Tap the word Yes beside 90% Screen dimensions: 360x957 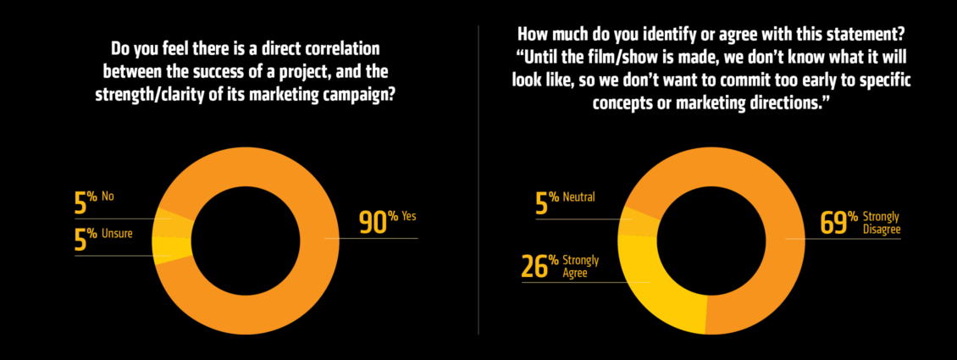click(x=408, y=217)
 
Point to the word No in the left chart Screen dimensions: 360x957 click(x=108, y=197)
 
